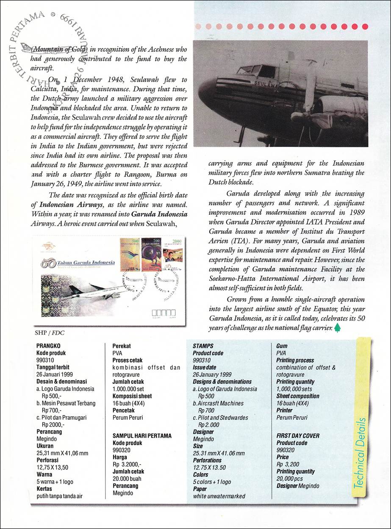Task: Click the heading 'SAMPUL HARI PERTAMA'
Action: [141, 435]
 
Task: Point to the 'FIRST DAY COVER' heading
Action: [298, 435]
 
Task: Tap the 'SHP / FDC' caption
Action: [47, 332]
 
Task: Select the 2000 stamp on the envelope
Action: [172, 254]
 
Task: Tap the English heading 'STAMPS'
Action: [203, 346]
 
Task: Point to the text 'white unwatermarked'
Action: [219, 496]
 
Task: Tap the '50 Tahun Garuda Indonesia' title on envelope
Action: [78, 263]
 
